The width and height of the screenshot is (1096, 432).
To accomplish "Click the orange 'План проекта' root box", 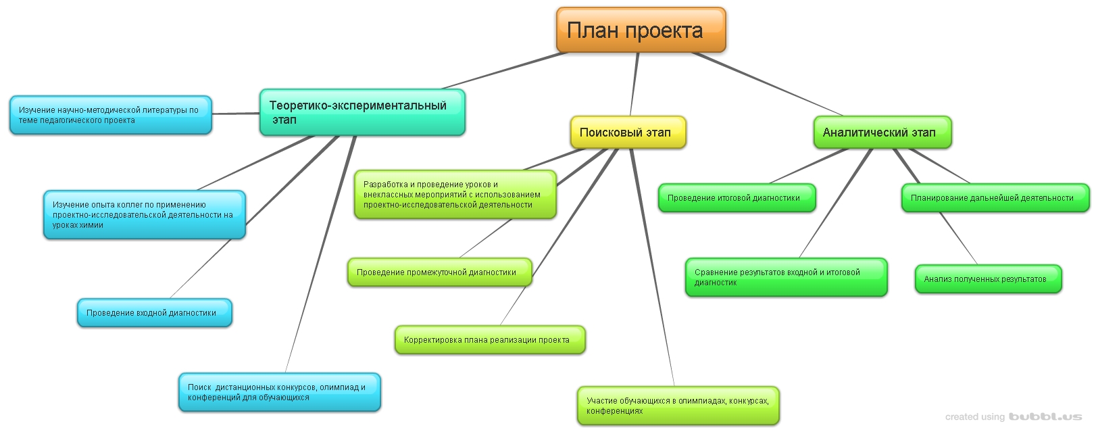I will (x=641, y=30).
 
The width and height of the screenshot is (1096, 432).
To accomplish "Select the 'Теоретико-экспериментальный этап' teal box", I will (x=362, y=112).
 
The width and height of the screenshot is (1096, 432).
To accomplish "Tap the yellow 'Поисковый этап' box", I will (x=628, y=133).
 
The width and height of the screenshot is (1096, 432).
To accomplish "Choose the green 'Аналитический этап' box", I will (x=882, y=133).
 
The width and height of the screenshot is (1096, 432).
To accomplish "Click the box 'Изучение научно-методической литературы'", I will (x=110, y=115).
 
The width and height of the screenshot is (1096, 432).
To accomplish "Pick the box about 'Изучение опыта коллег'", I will (x=144, y=215).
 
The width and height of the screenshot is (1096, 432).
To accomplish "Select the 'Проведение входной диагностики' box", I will (x=154, y=313).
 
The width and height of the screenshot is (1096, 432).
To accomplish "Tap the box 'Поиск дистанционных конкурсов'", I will (x=279, y=392).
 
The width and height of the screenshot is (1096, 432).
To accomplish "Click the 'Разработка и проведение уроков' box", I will (x=455, y=195).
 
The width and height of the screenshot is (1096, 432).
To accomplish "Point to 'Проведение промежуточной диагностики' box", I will (x=439, y=272).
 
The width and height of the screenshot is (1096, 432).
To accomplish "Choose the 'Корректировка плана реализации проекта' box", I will (x=489, y=340).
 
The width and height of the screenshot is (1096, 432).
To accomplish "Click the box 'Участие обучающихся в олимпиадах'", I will (x=678, y=406).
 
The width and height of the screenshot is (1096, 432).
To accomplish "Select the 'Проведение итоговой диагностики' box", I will (x=737, y=198).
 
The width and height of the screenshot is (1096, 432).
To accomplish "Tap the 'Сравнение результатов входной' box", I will (x=786, y=277).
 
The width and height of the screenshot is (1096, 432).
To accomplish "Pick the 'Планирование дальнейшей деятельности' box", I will (x=995, y=198).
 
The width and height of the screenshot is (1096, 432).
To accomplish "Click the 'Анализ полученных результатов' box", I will (x=988, y=279).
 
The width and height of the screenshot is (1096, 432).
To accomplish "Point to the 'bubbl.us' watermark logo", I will (x=1045, y=417).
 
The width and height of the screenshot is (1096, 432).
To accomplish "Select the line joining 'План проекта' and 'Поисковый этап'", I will (x=634, y=85).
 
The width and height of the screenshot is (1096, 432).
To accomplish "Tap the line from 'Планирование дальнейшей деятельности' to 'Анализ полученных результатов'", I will (x=958, y=237).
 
